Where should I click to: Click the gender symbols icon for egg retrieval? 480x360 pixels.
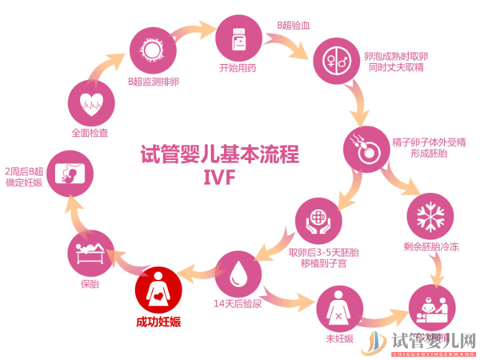334,59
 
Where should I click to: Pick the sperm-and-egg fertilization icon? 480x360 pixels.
367,146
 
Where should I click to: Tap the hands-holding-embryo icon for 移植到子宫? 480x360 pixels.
318,220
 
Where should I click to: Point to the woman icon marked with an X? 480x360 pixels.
342,311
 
